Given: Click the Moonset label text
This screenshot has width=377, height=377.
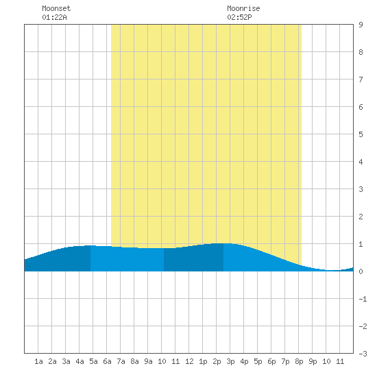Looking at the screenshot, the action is (56, 8).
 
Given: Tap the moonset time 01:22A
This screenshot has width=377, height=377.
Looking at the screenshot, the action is (54, 17).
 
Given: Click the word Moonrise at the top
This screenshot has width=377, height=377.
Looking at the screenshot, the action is (243, 8).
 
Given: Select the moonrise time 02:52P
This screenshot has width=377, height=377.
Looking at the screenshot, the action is (239, 17).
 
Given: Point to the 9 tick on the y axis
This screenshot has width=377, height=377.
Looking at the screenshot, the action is (361, 25).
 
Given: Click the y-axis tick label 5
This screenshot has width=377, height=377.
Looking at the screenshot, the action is (361, 134).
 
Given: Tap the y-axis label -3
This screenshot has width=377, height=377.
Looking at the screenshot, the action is (363, 354).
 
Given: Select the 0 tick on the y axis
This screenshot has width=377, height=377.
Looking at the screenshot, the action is (361, 271).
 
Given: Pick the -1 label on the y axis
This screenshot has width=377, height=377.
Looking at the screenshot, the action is (363, 299).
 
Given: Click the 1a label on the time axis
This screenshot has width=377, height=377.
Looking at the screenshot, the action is (38, 361).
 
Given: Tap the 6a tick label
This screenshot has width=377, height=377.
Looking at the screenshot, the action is (107, 361).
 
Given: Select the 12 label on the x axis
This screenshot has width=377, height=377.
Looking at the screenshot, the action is (189, 361).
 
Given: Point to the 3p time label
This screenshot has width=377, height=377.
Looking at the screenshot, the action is (230, 361).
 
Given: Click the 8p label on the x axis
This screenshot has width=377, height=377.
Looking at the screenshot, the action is (299, 361).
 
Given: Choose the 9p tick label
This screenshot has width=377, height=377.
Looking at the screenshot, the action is (313, 361).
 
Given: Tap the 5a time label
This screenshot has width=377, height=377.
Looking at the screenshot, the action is (93, 361).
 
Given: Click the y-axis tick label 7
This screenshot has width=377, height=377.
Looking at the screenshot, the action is (361, 80).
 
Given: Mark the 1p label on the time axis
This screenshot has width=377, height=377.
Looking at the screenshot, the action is (203, 361).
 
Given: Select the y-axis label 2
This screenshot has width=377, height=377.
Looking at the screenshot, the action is (361, 217).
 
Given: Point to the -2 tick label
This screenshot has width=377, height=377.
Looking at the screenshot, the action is (363, 326).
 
